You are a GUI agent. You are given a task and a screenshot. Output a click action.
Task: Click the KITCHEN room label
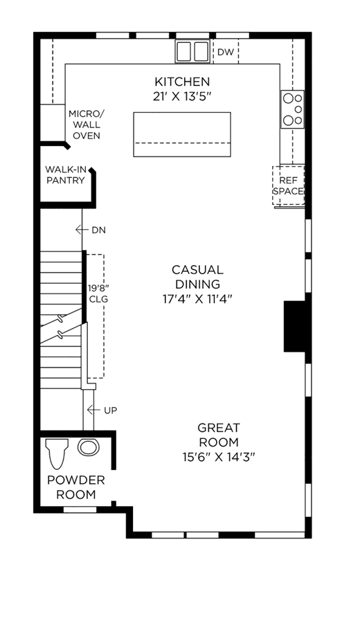[x=181, y=82]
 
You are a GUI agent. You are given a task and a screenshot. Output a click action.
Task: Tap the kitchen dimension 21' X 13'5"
[x=181, y=96]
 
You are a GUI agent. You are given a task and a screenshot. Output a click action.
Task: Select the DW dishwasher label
[x=226, y=53]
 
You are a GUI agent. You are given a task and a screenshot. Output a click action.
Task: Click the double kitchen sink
[x=192, y=52]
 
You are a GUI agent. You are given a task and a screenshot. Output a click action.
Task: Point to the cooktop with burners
[x=292, y=109]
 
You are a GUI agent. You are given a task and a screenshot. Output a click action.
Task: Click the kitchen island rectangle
[x=182, y=134]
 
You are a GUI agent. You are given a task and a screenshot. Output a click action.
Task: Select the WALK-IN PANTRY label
[x=66, y=175]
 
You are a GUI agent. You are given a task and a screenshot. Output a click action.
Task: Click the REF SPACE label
[x=289, y=186]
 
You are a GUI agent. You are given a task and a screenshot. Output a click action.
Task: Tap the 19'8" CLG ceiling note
[x=98, y=294]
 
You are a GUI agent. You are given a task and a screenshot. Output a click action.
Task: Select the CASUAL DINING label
[x=197, y=277]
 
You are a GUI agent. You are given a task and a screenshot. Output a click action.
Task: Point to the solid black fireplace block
[x=294, y=326]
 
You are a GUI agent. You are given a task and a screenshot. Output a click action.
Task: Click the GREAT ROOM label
[x=219, y=435]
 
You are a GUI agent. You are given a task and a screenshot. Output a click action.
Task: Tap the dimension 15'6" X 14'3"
[x=219, y=457]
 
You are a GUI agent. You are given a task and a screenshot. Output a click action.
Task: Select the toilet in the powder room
[x=57, y=453]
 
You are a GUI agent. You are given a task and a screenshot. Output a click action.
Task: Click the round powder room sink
[x=88, y=447]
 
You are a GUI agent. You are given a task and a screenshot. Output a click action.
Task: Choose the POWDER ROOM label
[x=76, y=487]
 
